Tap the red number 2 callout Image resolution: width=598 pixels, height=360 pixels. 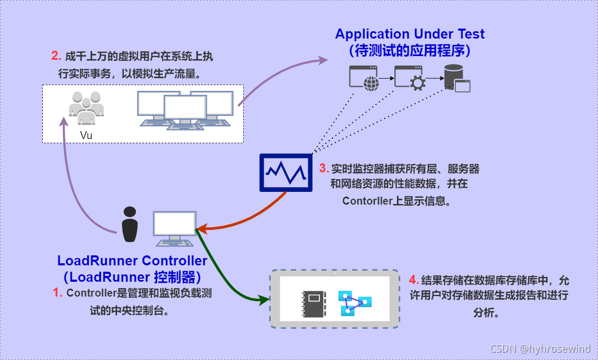56,56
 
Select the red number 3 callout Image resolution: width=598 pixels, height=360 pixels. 324,169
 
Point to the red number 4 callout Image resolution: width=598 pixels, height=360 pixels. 415,280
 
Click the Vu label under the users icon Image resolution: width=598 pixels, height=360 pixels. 86,135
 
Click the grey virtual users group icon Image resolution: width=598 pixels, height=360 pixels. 86,107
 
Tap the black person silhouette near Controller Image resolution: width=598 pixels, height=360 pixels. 130,224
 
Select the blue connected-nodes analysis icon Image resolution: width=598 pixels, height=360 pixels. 355,302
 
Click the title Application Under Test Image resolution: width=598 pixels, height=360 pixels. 410,34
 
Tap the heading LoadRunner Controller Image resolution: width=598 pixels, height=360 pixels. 132,261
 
